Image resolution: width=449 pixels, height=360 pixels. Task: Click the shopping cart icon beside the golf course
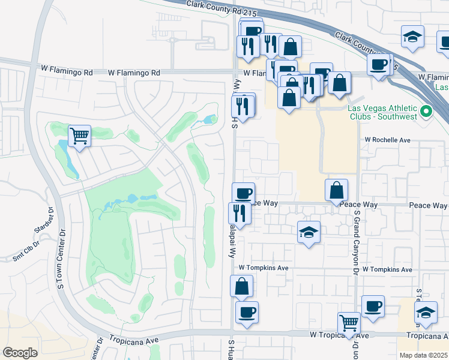79,136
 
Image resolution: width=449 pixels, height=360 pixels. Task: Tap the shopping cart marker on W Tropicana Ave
349,323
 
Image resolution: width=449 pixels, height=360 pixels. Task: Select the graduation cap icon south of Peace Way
309,232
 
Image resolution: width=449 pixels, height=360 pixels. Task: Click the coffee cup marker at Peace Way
243,193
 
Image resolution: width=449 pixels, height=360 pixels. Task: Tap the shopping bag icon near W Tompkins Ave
241,286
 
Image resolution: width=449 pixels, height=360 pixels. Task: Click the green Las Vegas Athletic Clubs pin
426,111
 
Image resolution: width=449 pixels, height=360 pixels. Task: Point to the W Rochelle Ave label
387,140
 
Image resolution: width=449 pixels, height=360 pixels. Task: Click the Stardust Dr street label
44,221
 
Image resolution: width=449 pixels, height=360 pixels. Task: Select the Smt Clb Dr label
26,252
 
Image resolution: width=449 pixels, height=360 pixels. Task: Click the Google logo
20,352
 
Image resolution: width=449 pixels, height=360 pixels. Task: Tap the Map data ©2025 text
423,355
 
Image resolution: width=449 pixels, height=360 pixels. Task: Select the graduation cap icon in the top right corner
413,37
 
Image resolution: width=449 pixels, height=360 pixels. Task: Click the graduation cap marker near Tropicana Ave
426,313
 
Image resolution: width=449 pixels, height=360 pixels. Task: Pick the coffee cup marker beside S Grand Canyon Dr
373,307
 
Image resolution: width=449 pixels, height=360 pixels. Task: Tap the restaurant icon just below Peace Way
239,213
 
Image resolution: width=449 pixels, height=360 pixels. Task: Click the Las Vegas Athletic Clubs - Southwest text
383,112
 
